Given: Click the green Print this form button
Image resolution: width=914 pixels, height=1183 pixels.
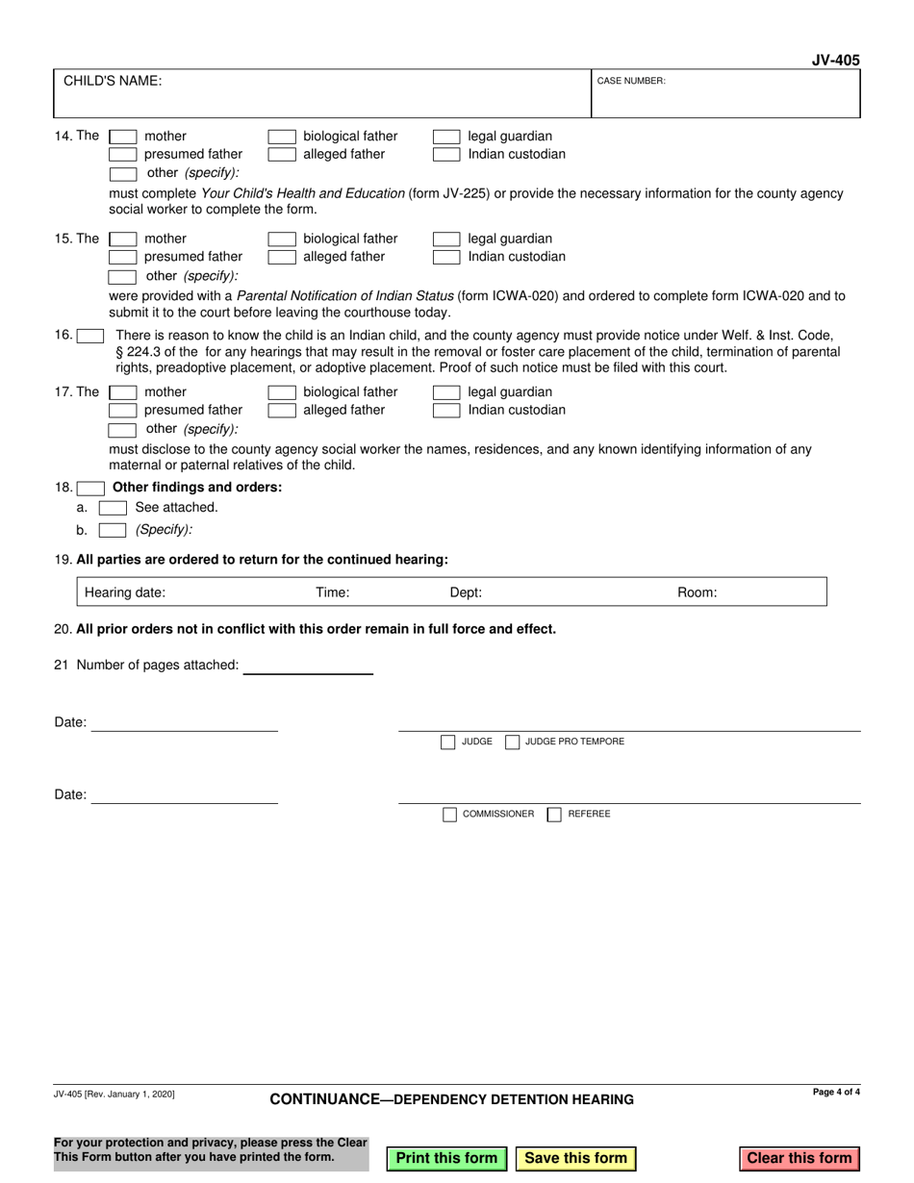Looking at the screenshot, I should (446, 1158).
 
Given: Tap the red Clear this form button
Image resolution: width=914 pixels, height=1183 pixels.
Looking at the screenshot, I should (800, 1158).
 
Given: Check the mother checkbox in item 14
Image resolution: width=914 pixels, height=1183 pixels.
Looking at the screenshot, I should (122, 137).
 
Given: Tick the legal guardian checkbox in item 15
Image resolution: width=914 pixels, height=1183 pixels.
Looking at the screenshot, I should (446, 239).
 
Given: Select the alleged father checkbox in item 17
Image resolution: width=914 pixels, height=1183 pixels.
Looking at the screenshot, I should (280, 411).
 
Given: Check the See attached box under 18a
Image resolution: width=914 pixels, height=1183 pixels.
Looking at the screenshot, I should (113, 507).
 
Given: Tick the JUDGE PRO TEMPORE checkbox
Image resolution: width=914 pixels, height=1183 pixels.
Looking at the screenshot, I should (513, 742).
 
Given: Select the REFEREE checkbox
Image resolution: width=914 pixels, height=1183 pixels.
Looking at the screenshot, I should (554, 814).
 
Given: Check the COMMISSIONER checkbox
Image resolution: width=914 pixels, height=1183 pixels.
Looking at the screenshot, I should (449, 814).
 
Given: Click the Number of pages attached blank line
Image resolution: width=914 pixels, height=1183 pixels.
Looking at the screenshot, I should (308, 665).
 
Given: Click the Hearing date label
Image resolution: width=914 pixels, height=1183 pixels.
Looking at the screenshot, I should (125, 592).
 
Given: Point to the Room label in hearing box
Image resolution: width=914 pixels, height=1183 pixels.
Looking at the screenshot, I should (698, 592).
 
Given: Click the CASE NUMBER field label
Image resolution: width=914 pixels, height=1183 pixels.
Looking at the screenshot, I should (631, 82).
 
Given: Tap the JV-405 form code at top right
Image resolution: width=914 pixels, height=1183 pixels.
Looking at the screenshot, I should (835, 60).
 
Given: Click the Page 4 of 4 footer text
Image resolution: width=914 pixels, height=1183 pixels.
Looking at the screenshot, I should (835, 1093).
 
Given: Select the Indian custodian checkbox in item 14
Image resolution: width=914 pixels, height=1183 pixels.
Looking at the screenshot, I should (446, 155).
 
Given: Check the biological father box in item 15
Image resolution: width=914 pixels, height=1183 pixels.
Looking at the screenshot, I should (280, 239).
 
